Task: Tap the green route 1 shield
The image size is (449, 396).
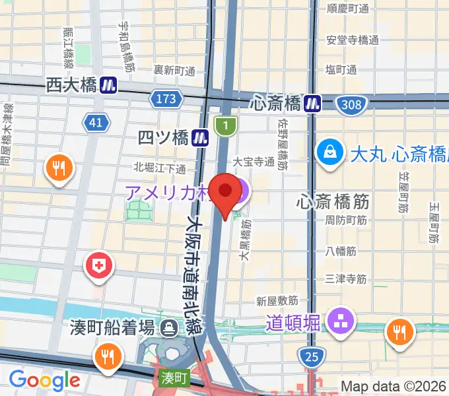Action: (226, 125)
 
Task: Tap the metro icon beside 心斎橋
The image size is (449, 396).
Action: (313, 103)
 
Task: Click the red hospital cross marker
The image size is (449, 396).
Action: (100, 267)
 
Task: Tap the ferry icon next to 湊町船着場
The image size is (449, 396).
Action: (170, 327)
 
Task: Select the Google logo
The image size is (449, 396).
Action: (44, 379)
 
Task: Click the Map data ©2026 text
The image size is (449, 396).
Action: (394, 386)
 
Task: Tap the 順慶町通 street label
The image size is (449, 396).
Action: (349, 9)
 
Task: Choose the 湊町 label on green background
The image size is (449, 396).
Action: (174, 378)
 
